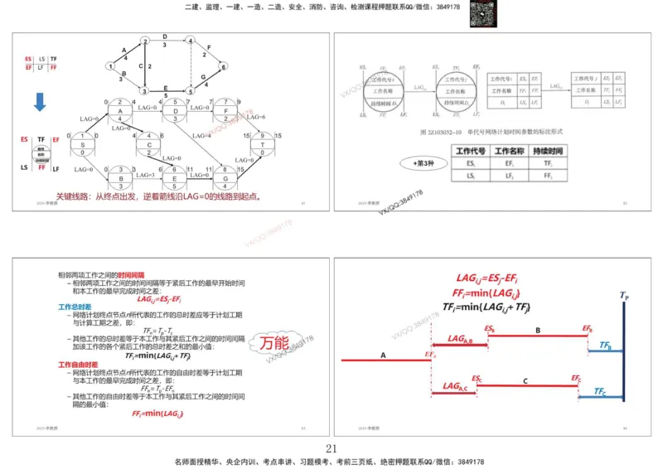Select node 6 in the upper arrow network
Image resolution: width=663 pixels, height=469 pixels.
coord(224,65)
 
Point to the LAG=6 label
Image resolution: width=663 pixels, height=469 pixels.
coord(256,116)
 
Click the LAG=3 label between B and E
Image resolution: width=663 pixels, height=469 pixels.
coord(146,176)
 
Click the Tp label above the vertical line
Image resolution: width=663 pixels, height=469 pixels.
coord(623,294)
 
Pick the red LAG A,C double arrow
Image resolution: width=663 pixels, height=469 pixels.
coord(452,392)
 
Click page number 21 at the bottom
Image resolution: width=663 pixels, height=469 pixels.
coord(331,448)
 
